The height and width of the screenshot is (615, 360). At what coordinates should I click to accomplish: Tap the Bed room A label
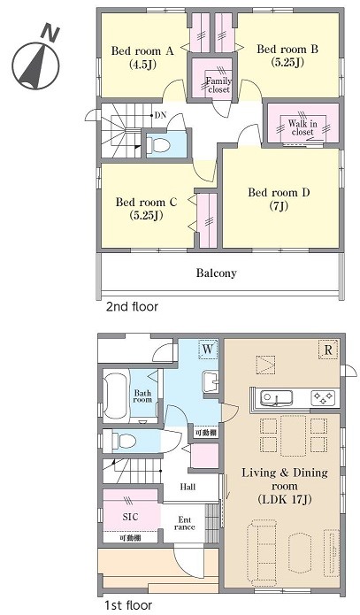pos(142,58)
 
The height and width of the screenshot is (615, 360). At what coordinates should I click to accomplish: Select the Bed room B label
pos(287,55)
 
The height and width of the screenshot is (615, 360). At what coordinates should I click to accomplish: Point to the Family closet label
pos(218,85)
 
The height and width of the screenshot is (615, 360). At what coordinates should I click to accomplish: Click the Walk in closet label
pos(303,127)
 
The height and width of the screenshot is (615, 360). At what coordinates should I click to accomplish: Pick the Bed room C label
pos(146,208)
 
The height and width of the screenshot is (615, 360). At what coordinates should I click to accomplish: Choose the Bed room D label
pos(279,199)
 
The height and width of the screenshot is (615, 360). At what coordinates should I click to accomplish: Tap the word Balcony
pos(217,273)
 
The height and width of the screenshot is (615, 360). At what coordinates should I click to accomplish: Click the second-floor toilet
pos(160,145)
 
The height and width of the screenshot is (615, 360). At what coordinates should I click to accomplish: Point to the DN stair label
pos(160,115)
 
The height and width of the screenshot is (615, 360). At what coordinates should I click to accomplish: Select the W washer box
pos(208,349)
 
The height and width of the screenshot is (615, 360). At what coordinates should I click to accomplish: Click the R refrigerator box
pos(328,349)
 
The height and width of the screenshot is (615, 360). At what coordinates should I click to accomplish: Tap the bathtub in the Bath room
pos(116,395)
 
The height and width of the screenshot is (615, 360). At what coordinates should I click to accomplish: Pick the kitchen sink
pos(277,398)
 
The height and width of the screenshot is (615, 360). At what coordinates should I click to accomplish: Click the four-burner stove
pos(324,398)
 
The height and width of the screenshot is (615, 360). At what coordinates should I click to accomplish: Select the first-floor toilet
pos(124,441)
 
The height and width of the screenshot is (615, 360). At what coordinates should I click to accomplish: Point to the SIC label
pos(130,517)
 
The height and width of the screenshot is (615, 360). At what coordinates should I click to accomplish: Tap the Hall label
pos(188,488)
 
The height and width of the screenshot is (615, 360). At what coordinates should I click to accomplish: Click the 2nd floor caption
pos(132,306)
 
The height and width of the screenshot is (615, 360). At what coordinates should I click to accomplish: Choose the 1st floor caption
pos(128,605)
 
